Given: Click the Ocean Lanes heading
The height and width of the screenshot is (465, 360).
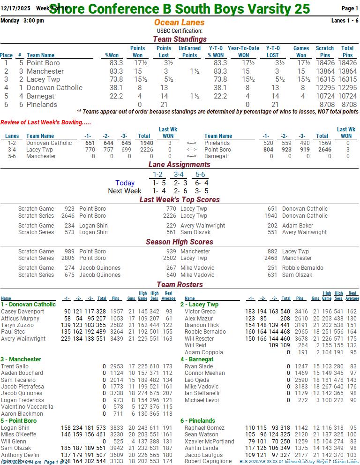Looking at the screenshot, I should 179,23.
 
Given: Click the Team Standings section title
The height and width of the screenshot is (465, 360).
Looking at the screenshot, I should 180,39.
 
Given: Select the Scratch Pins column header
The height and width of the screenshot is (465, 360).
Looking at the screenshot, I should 324,52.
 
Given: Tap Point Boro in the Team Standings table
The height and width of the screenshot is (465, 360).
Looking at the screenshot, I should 43,63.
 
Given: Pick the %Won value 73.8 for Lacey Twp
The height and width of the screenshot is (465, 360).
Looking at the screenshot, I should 116,80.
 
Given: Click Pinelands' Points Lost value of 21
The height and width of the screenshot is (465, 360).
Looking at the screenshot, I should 164,105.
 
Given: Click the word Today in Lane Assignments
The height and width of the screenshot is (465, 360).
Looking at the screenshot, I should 125,183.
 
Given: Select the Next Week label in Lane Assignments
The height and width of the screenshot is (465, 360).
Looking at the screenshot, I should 124,191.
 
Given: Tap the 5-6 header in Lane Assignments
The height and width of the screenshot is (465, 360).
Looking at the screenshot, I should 200,175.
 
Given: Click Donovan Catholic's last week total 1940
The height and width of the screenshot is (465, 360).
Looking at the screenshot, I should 143,143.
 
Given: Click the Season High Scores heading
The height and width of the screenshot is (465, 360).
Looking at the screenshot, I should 180,242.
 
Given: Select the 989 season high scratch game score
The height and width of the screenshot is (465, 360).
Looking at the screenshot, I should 69,252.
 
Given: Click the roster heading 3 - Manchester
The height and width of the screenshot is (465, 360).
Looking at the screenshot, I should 21,359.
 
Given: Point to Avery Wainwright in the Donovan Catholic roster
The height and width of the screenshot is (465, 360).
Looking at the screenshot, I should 23,338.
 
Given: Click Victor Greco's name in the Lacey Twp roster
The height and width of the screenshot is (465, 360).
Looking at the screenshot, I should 200,312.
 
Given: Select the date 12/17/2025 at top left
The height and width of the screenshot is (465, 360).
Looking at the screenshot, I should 15,8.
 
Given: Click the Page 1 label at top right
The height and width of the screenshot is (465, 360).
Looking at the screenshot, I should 350,8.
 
